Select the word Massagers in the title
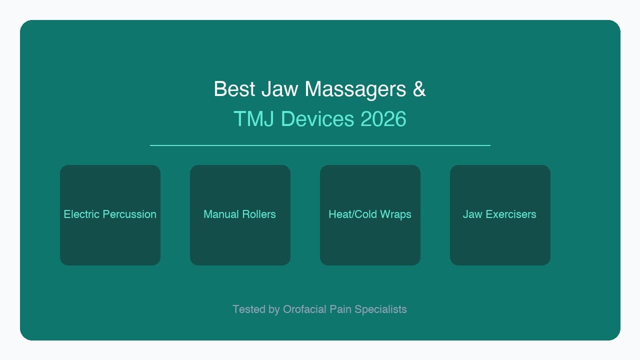point(355,89)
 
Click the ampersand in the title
point(419,89)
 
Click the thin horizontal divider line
point(320,145)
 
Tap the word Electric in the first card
point(81,214)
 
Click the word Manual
point(220,214)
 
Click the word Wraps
point(395,214)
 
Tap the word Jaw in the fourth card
point(472,214)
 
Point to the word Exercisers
point(510,214)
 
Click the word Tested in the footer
point(248,309)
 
